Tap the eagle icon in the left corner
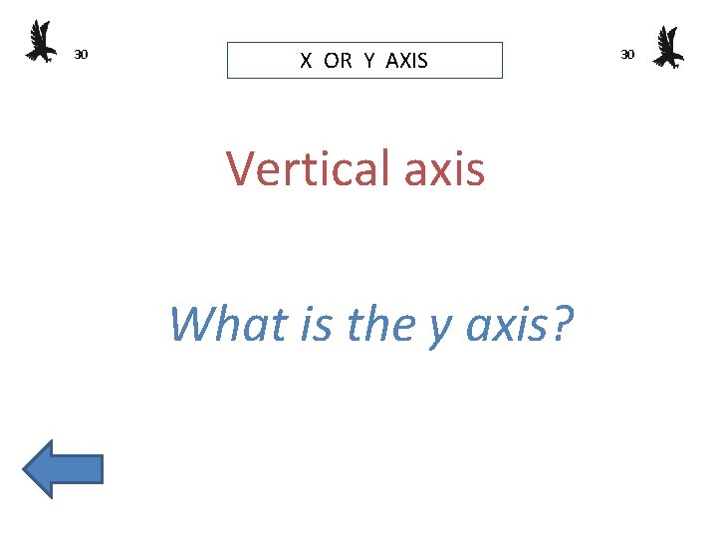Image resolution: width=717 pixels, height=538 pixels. click(x=40, y=42)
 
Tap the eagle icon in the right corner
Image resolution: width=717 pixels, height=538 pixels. click(x=668, y=47)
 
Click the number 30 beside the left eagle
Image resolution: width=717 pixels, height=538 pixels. click(x=82, y=54)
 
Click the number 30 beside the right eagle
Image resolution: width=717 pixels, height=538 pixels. click(x=627, y=54)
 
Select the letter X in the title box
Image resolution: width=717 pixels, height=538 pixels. click(x=307, y=61)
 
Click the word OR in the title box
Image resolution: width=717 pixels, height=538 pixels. click(x=338, y=61)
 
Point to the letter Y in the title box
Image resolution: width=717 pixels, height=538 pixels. click(x=369, y=61)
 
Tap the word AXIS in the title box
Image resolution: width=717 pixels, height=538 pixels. click(x=406, y=61)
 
